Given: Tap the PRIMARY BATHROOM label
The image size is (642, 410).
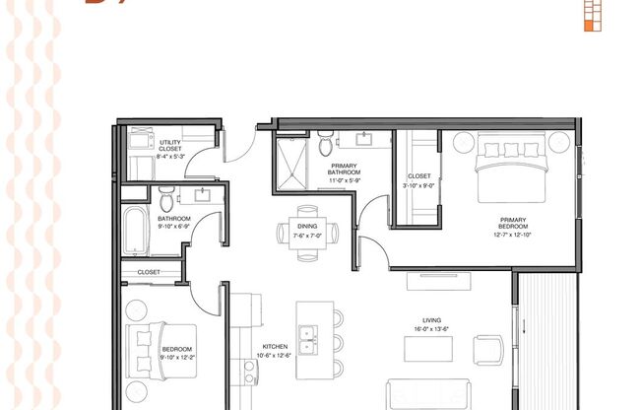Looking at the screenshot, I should click(x=345, y=170).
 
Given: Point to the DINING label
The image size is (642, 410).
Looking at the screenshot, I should click(x=306, y=226).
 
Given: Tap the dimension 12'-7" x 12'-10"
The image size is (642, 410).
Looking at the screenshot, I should click(x=512, y=236).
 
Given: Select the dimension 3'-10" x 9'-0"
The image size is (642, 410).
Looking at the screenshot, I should click(x=418, y=184).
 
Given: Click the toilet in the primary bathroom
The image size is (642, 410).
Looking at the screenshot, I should click(x=326, y=146).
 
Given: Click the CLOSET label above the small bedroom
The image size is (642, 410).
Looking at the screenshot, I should click(x=149, y=271).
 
